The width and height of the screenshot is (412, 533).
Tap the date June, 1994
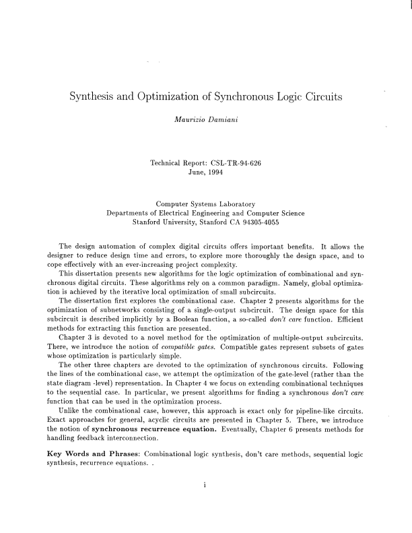[205, 173]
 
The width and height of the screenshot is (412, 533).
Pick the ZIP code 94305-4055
[259, 222]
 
